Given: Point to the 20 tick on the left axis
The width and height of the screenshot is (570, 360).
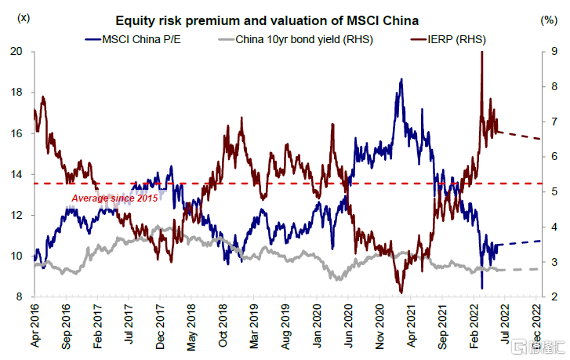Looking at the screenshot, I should (19, 52).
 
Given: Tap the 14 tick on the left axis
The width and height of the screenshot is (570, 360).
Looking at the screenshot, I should (19, 174).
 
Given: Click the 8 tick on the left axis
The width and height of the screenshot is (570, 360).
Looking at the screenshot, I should (22, 296).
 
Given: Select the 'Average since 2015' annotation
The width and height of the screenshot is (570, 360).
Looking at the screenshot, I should (114, 198).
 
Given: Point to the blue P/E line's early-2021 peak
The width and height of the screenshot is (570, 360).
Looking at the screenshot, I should (401, 80).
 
